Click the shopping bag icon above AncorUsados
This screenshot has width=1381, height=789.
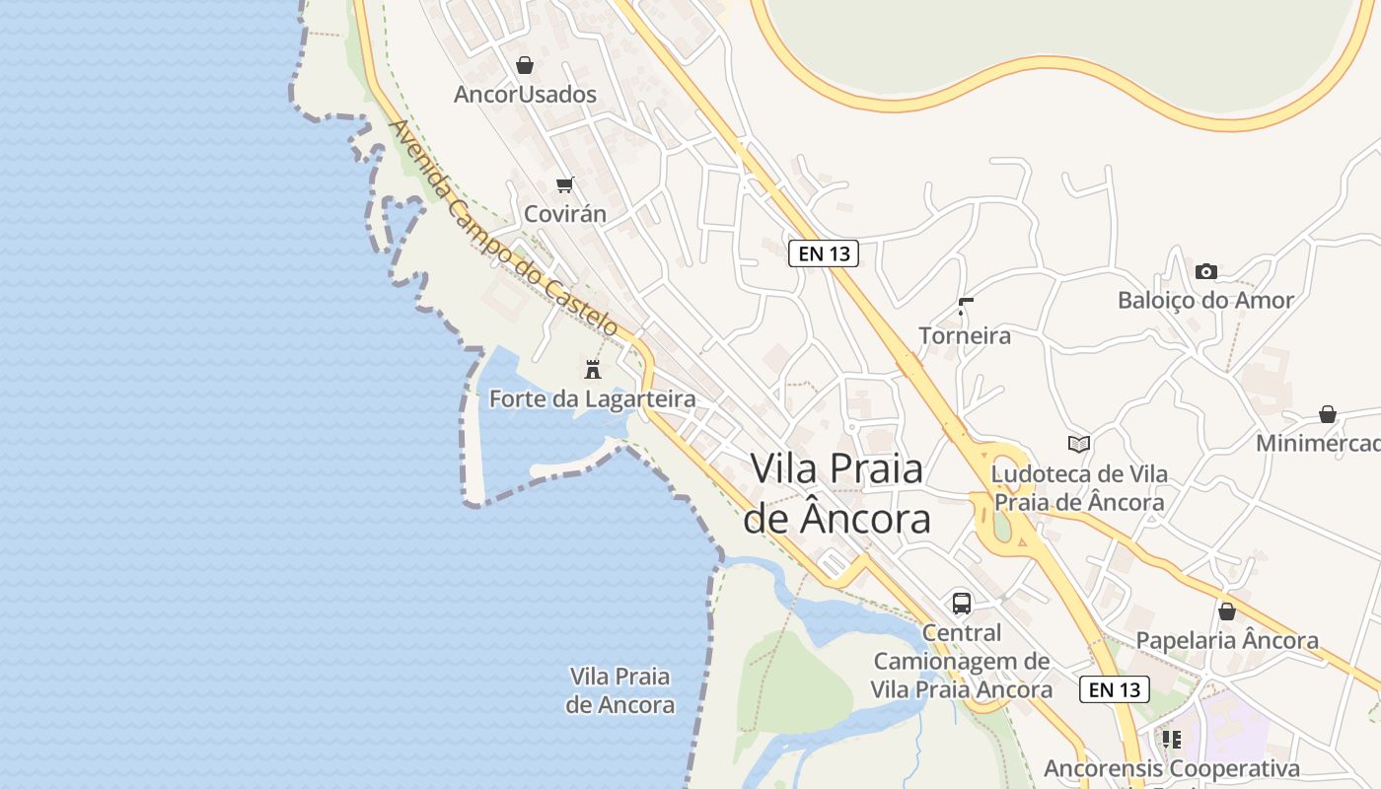[525, 65]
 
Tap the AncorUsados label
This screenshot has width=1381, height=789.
[525, 95]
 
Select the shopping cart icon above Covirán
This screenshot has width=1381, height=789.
[565, 184]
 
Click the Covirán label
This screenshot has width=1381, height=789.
[565, 214]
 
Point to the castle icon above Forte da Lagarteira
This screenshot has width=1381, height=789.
[593, 370]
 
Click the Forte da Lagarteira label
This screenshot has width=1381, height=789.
[593, 399]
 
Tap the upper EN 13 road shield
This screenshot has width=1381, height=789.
[824, 253]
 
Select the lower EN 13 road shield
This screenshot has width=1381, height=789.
[1115, 689]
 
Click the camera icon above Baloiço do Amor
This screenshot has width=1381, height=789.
[1205, 271]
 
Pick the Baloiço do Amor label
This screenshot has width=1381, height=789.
[1205, 301]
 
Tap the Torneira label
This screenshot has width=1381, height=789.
[965, 336]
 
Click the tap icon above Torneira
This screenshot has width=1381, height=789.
[965, 307]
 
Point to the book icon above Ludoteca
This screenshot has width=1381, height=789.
[1079, 445]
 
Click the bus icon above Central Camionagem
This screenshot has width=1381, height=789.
[962, 604]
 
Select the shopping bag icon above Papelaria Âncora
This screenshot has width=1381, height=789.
[1227, 611]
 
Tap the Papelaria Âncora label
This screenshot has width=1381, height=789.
[1227, 641]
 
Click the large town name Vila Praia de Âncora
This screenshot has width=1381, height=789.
[836, 493]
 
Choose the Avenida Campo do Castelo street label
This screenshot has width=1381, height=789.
[504, 229]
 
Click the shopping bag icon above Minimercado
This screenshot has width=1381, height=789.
[1328, 414]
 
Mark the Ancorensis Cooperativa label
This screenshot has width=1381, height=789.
[1172, 768]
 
